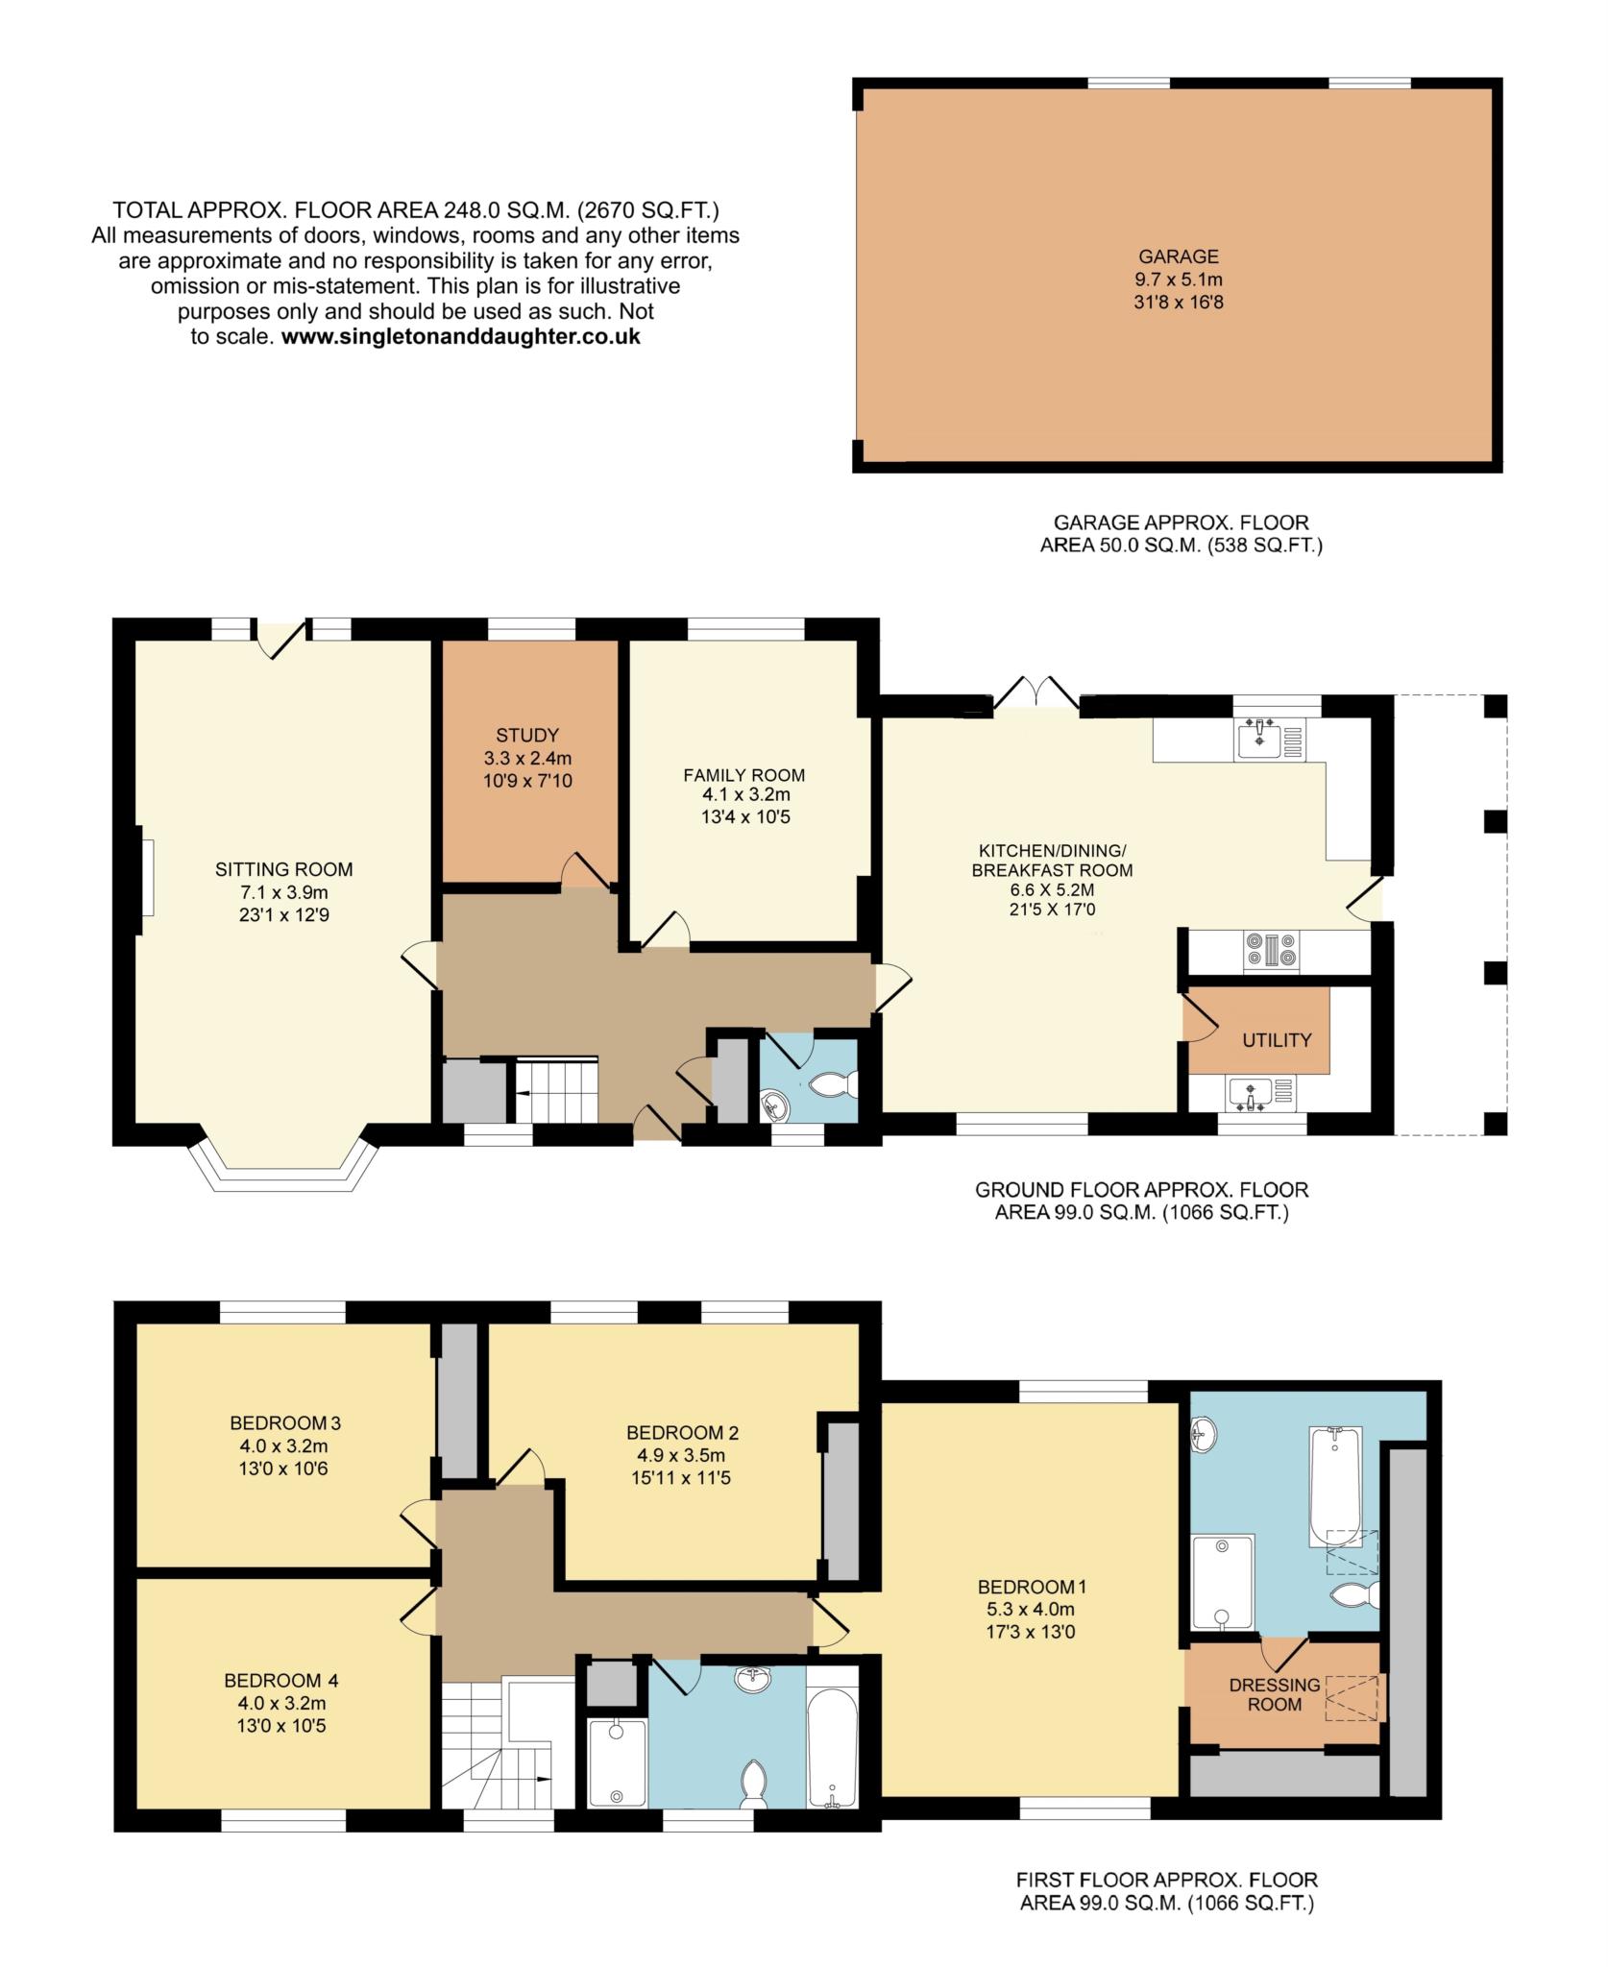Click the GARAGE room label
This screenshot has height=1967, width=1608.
[1179, 256]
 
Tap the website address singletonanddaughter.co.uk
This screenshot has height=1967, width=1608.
[461, 337]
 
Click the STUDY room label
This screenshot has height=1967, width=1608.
[527, 736]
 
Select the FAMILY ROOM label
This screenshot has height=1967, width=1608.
[744, 774]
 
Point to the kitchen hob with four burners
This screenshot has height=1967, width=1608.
[1270, 950]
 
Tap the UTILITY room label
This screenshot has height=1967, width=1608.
[1277, 1039]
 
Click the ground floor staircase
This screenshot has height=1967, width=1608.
[557, 1089]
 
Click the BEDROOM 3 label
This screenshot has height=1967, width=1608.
[285, 1422]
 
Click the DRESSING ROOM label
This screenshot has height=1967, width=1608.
[1275, 1694]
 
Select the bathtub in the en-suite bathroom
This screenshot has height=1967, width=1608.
[1334, 1486]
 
